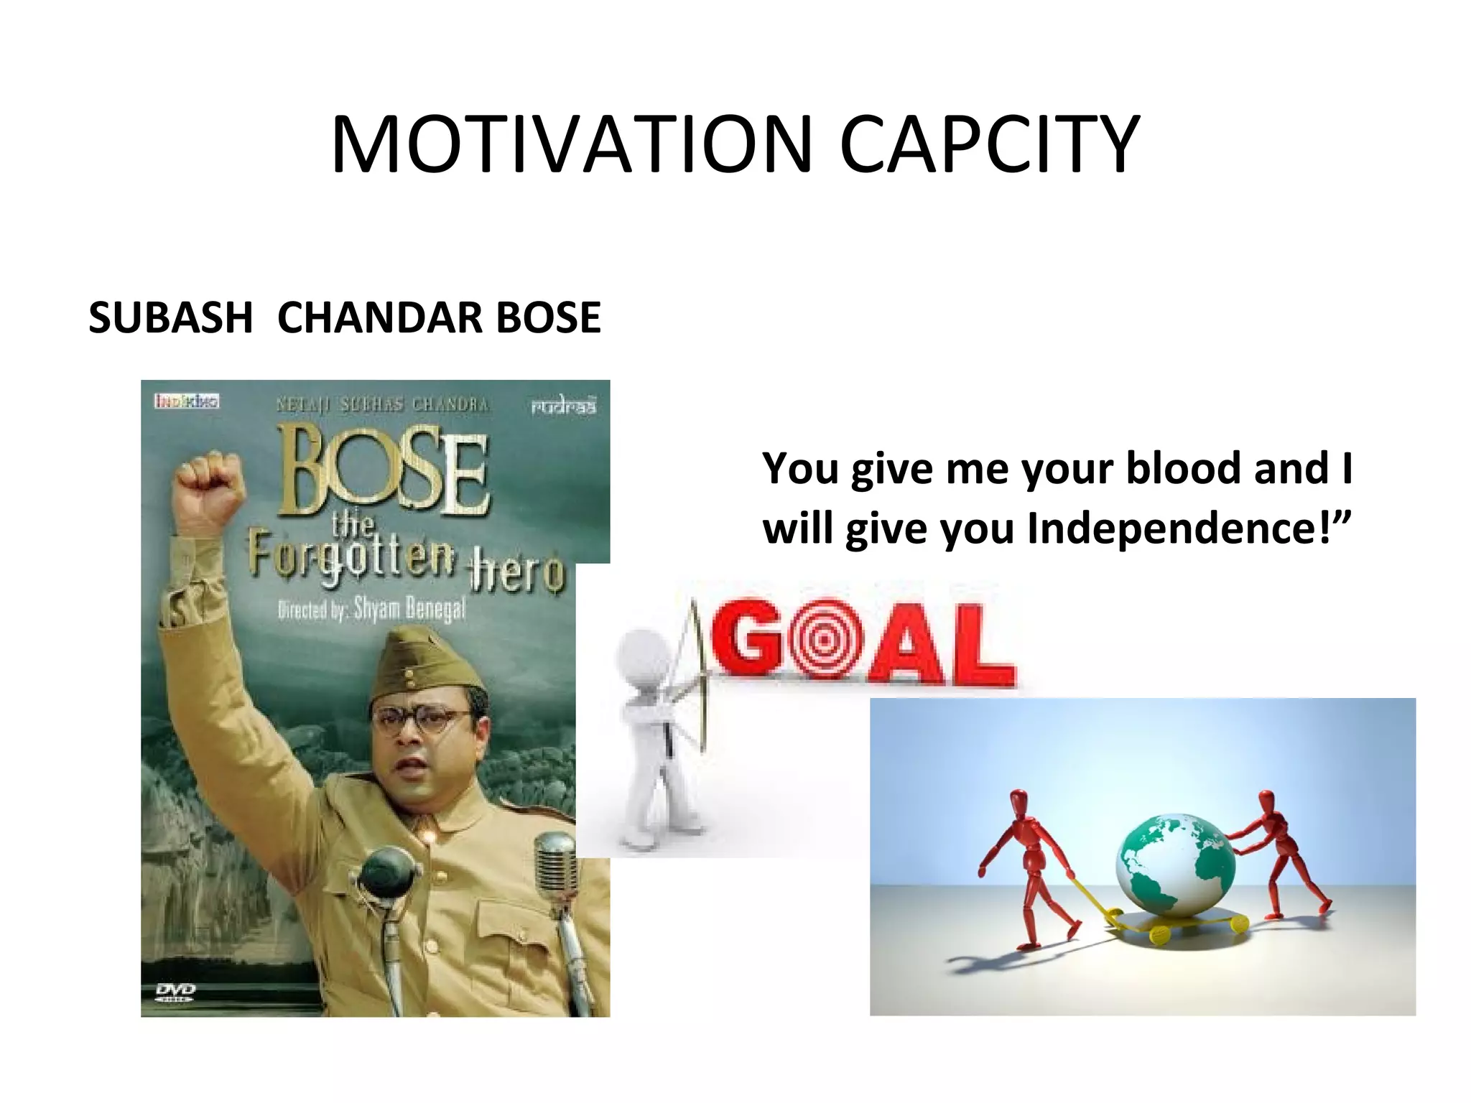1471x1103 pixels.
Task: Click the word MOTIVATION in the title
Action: pos(571,145)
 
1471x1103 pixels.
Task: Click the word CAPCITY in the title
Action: pos(989,145)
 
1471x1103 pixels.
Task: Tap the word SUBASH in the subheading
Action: pos(171,317)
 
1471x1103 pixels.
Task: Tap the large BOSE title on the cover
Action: pos(384,470)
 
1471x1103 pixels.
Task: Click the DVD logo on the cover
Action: pos(175,992)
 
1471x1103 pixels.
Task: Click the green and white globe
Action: pos(1175,866)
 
